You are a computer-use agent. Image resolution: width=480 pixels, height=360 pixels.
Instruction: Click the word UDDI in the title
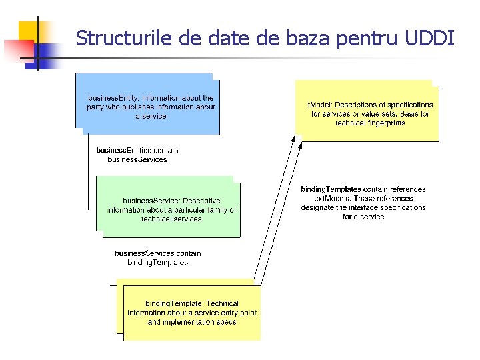431,38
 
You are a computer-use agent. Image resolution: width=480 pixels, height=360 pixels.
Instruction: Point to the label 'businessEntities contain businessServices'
137,155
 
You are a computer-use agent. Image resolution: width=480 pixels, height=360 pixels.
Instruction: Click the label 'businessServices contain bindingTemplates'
157,257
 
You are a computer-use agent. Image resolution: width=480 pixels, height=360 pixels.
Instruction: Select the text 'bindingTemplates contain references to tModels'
363,193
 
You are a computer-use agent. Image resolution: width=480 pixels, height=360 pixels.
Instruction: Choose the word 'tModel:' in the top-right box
319,105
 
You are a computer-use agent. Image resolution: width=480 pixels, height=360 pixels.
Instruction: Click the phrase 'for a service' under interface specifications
363,217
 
